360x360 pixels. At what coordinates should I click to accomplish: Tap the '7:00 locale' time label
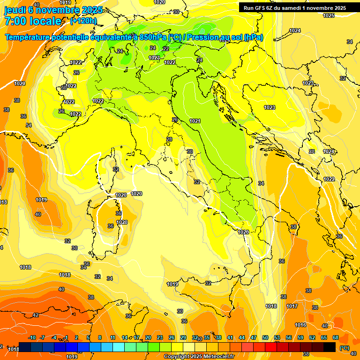point(33,21)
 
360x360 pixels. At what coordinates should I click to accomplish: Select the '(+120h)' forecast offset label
point(83,21)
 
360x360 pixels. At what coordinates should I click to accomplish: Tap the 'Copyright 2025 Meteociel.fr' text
point(199,356)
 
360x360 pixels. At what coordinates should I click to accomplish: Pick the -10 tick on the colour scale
point(32,338)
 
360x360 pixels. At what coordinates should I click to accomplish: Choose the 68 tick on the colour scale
point(336,338)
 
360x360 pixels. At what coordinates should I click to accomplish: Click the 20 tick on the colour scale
point(148,338)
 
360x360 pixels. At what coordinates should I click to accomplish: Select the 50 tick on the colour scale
point(265,338)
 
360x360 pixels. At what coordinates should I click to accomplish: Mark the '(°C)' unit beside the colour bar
point(344,347)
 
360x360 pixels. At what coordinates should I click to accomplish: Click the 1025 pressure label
point(329,15)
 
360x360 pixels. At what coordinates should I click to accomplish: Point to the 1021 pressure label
point(195,121)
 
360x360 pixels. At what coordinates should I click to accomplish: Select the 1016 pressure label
point(300,325)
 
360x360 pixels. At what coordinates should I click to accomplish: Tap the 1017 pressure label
point(292,306)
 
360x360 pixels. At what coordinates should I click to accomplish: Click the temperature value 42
point(36,315)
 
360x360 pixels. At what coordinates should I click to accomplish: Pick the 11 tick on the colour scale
point(113,338)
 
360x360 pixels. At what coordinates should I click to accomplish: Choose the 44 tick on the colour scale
point(242,338)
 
